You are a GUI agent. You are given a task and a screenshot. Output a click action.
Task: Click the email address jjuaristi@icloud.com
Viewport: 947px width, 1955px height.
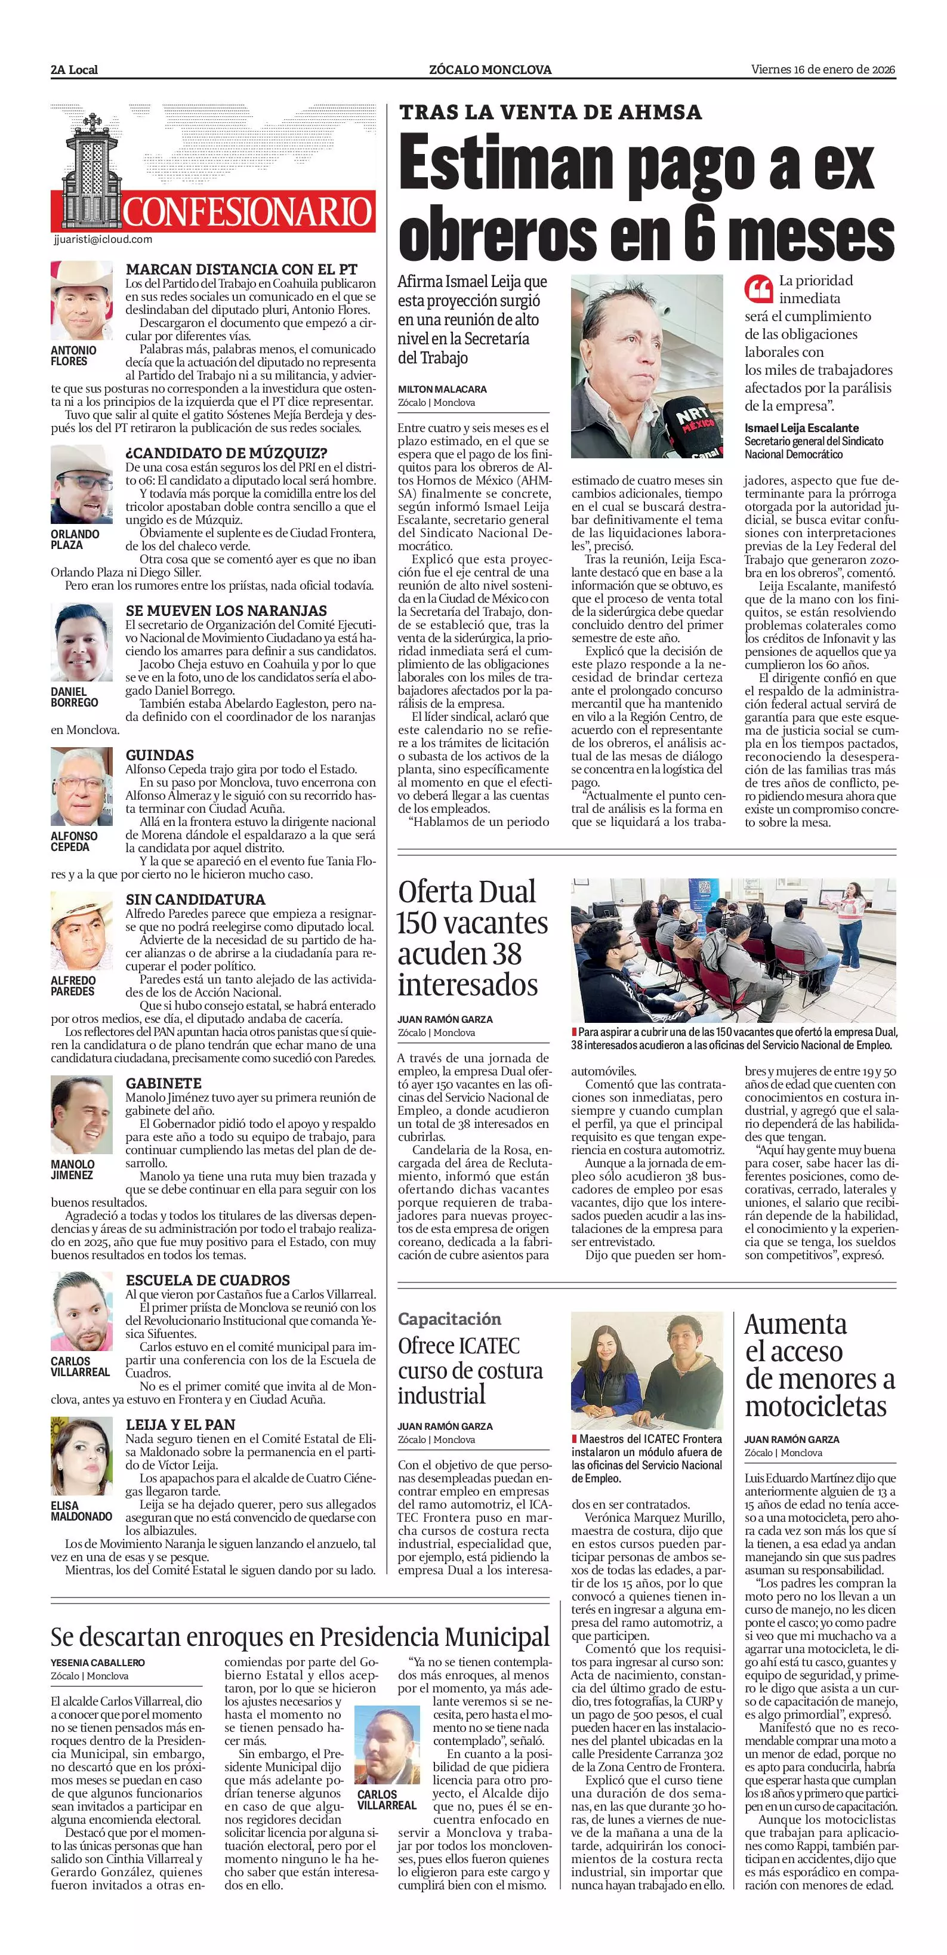click(x=104, y=239)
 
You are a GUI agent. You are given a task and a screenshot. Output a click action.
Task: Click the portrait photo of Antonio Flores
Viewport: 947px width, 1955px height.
click(x=82, y=301)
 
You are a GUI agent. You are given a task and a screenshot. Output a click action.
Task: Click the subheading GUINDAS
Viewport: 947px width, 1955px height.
click(x=159, y=755)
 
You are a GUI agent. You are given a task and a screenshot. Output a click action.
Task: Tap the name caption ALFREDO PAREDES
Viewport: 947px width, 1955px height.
click(x=73, y=986)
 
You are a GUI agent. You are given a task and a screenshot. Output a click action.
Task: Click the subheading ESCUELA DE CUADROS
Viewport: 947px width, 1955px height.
click(x=207, y=1280)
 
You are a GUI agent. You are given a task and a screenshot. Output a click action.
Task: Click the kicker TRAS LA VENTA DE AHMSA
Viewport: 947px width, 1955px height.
click(x=550, y=112)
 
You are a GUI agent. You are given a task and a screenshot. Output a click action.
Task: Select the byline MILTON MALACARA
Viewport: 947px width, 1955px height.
click(x=442, y=389)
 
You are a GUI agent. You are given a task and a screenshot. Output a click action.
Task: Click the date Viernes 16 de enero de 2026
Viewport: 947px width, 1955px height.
click(x=823, y=70)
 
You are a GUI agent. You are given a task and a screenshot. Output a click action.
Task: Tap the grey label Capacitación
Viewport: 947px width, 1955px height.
click(x=449, y=1318)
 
